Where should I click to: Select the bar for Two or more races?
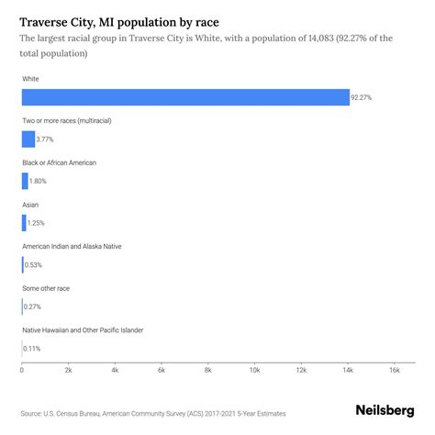point(28,139)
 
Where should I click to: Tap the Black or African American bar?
point(25,181)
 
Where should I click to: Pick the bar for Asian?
point(24,223)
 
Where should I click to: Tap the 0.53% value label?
point(33,265)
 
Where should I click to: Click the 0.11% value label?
point(32,349)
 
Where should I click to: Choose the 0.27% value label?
point(33,307)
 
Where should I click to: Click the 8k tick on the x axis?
point(208,370)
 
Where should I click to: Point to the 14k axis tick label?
point(348,370)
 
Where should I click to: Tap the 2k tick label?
point(68,370)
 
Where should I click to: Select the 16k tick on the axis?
point(395,370)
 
